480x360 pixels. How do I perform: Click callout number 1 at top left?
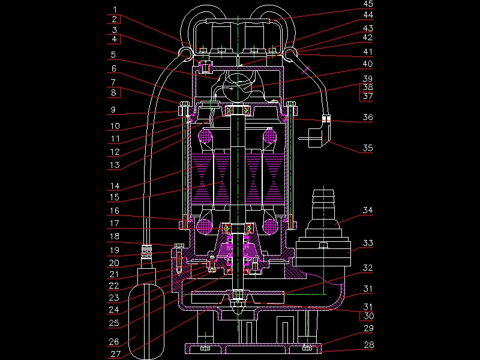pyautogui.click(x=115, y=10)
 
